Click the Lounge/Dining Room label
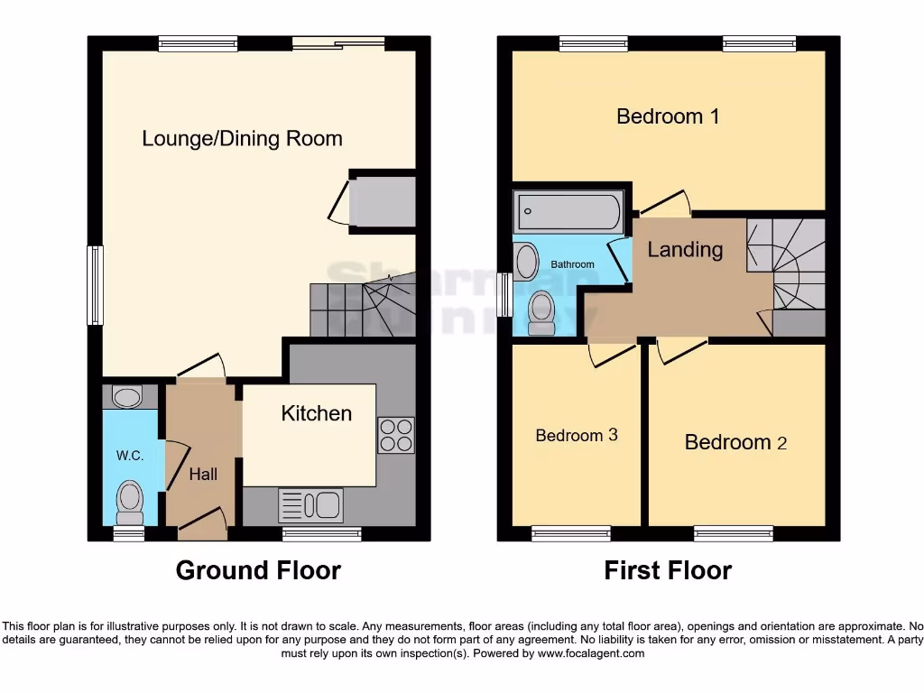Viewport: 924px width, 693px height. coord(242,139)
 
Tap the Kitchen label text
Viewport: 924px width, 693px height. coord(316,413)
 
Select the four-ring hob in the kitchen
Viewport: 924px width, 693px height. coord(396,435)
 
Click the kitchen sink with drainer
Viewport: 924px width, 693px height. coord(311,504)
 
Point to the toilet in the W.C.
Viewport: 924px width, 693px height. coord(131,501)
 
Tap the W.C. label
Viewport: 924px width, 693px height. coord(130,456)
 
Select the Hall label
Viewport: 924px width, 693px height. coord(202,473)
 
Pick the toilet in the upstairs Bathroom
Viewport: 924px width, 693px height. coord(541,311)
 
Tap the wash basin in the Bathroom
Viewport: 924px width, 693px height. coord(523,262)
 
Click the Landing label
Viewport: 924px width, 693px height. coord(685,250)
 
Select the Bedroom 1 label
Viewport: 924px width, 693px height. coord(668,116)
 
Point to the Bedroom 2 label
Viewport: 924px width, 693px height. coord(735,442)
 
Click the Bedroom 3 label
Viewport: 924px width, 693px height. coord(576,435)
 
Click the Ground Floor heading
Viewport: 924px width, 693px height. coord(258,570)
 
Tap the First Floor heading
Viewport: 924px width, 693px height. coord(668,570)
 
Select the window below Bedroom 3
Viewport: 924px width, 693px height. coord(566,533)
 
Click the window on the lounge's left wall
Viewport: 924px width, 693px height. coord(95,285)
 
